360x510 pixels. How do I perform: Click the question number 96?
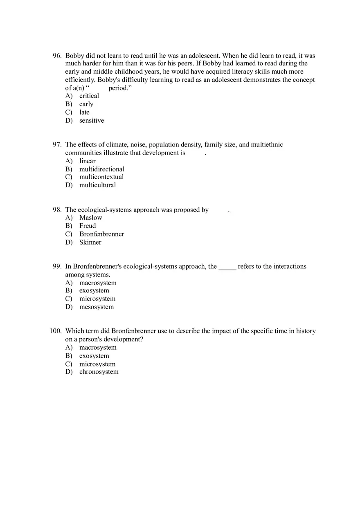coord(57,56)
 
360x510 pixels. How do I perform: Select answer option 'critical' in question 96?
coord(89,96)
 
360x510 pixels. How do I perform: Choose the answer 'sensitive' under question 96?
coord(91,120)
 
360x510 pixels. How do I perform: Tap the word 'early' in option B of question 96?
coord(86,104)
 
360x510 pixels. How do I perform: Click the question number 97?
coord(57,144)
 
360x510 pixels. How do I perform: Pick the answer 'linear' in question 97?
coord(87,161)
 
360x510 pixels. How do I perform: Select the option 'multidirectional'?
coord(101,169)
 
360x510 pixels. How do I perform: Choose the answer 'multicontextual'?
coord(101,177)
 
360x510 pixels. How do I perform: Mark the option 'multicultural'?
coord(97,185)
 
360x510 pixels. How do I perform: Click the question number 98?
coord(57,210)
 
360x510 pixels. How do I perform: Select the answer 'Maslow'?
coord(90,218)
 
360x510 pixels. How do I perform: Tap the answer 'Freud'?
coord(88,226)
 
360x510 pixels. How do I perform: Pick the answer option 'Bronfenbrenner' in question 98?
coord(101,234)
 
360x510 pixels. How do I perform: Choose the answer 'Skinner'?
coord(90,242)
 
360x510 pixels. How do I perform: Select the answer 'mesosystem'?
coord(97,307)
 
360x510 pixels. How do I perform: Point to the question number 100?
coord(55,331)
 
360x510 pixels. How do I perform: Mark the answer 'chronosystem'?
coord(99,372)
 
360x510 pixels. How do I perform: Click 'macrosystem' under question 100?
coord(98,348)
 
